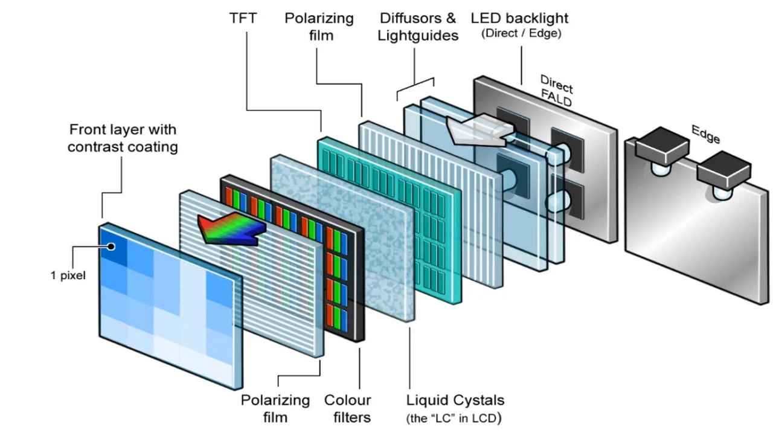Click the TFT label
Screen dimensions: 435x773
tap(243, 18)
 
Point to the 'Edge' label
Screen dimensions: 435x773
tap(705, 134)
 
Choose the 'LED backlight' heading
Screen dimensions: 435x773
tap(520, 18)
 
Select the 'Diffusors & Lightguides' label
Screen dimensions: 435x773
tap(418, 27)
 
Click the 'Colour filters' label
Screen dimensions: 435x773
tap(347, 408)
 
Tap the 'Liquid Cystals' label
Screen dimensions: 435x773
tap(455, 400)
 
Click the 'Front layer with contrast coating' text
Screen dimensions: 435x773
tap(123, 138)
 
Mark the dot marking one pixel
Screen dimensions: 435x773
tap(111, 246)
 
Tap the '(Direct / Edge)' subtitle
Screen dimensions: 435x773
tap(521, 34)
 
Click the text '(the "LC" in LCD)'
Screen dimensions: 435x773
tap(454, 417)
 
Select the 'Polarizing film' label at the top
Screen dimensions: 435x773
tap(319, 27)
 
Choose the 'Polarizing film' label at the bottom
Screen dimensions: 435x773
tap(275, 408)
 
